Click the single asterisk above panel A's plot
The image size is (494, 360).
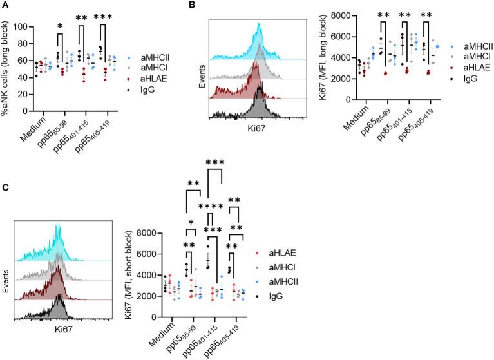point(59,26)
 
